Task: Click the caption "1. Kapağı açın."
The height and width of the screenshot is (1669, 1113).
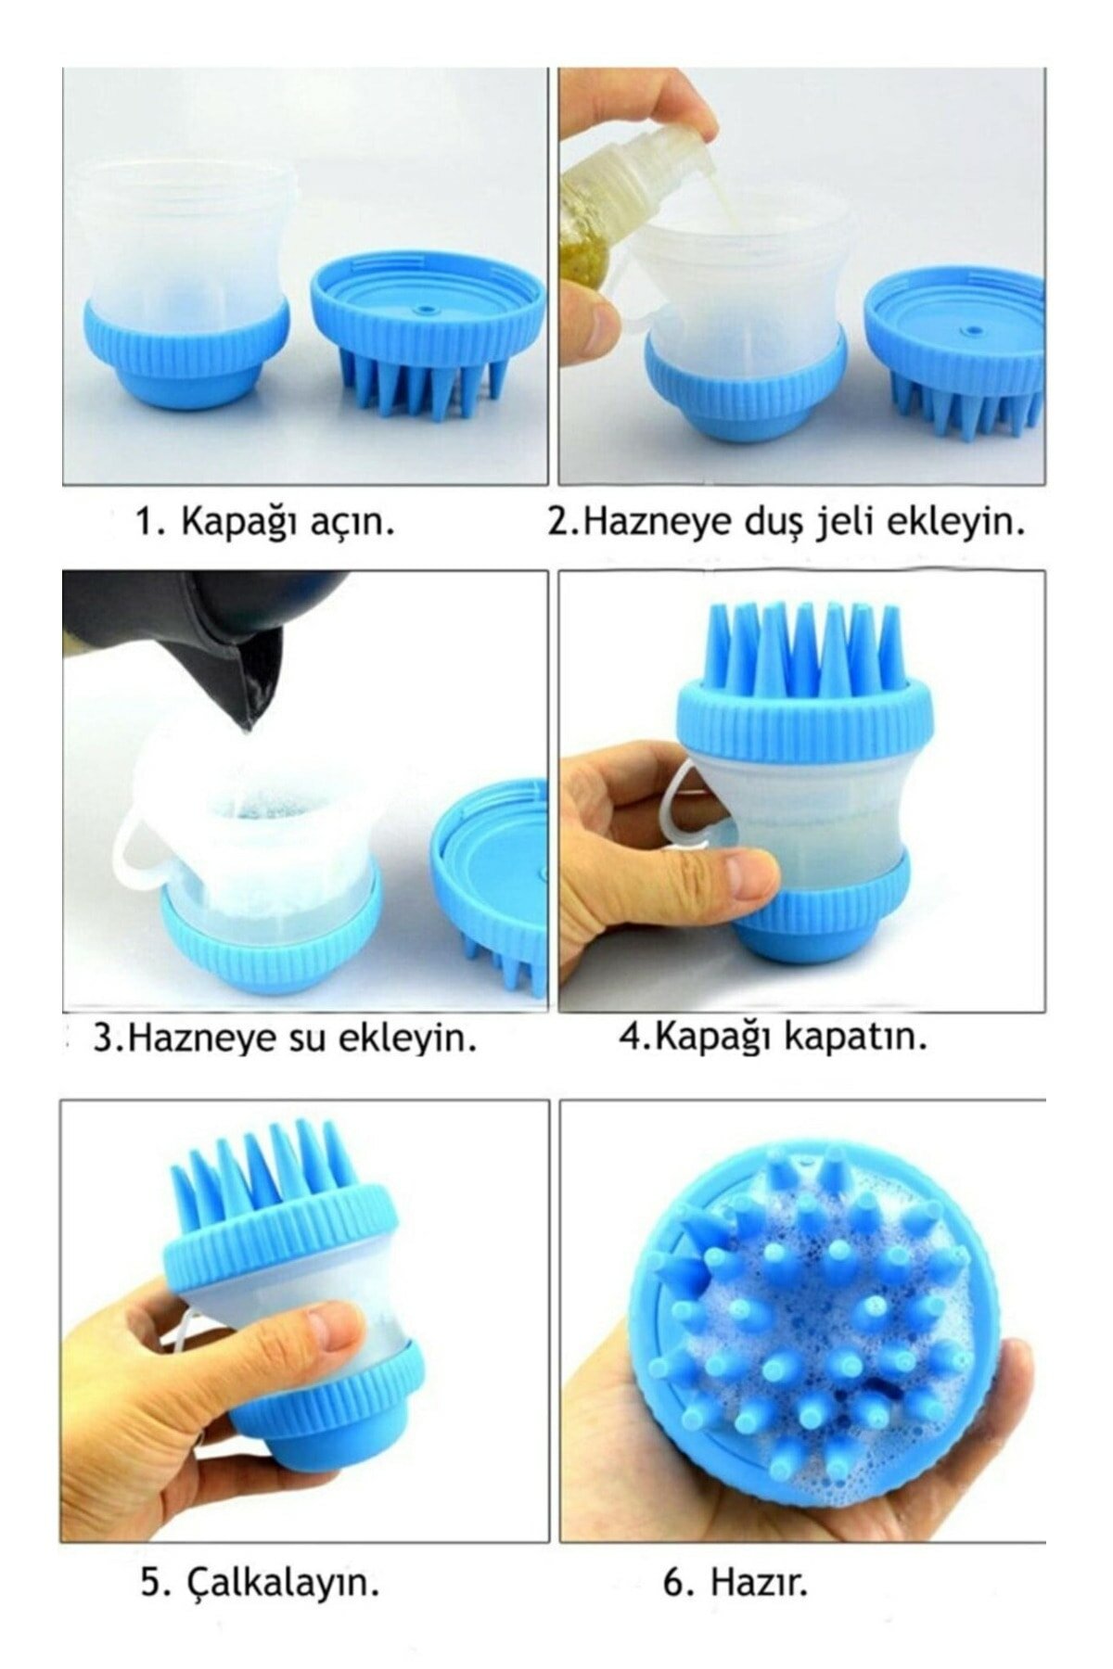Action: click(264, 522)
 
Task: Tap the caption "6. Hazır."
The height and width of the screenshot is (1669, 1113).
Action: click(735, 1557)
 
